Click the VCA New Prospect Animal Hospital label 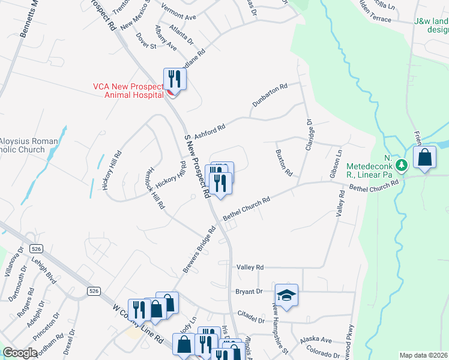click(x=127, y=90)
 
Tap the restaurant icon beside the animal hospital click(x=175, y=79)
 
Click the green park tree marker click(x=402, y=164)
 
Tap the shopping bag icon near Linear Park click(x=424, y=158)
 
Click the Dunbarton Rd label click(x=270, y=95)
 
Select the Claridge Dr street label click(x=310, y=134)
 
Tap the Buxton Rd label click(x=284, y=163)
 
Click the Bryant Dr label click(x=250, y=292)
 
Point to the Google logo click(x=20, y=353)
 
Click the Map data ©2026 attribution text click(x=423, y=355)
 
